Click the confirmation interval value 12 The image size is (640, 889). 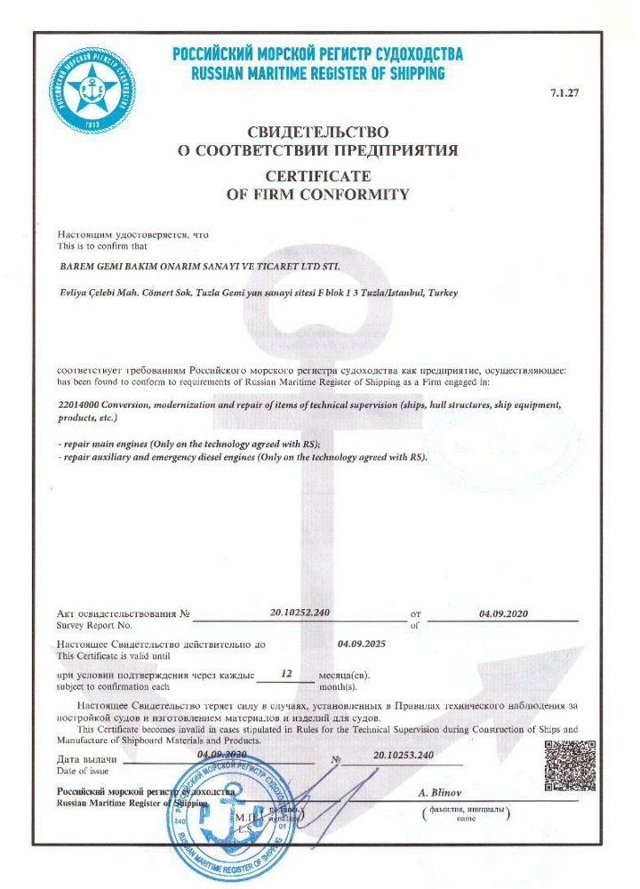(x=285, y=674)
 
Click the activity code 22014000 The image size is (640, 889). (x=80, y=404)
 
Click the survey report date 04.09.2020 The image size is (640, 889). (x=502, y=613)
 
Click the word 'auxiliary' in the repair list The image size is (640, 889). (x=108, y=458)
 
